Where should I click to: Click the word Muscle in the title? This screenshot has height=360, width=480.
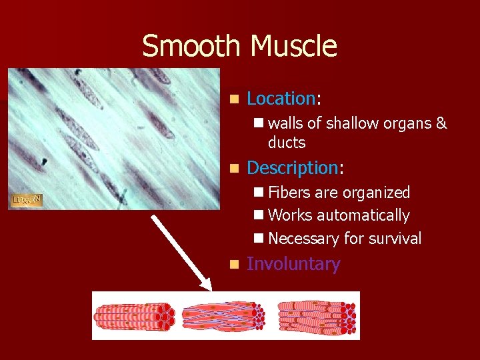coord(293,47)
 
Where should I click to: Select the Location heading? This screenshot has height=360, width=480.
coord(280,99)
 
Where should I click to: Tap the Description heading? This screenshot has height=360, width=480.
coord(292,167)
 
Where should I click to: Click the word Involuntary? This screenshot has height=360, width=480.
coord(293,264)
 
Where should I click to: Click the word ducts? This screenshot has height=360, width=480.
coord(287,143)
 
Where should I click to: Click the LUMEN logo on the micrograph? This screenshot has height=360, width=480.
coord(27,200)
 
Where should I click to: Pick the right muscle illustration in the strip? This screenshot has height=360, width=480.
coord(316,315)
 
